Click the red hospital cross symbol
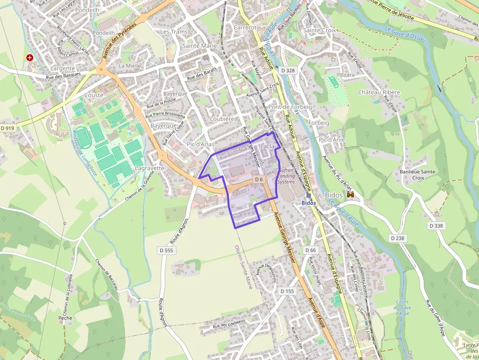(x=30, y=57)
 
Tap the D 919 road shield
(x=8, y=128)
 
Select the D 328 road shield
(x=288, y=70)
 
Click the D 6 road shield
(x=259, y=179)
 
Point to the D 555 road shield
(x=166, y=251)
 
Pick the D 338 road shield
(x=437, y=226)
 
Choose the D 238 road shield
(x=398, y=238)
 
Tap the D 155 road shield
(x=287, y=291)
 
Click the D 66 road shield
(x=310, y=250)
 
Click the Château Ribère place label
(x=379, y=92)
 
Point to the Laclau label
(x=269, y=146)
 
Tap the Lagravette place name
(x=149, y=168)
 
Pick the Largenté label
(x=63, y=68)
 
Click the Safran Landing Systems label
(x=286, y=176)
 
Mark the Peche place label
(x=65, y=318)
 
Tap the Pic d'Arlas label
(x=200, y=144)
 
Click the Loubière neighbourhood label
(x=222, y=119)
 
